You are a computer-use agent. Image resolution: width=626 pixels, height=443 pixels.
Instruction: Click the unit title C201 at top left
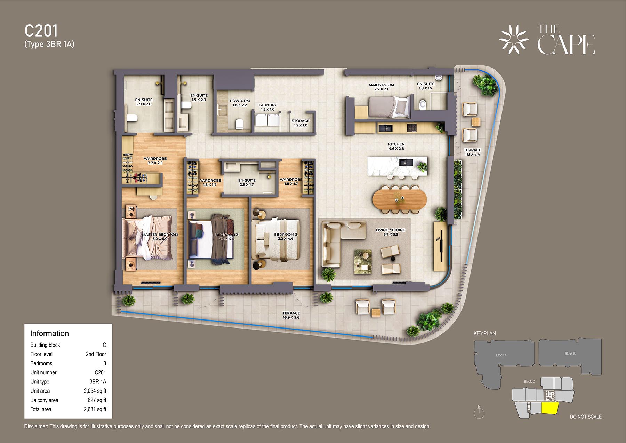pos(41,31)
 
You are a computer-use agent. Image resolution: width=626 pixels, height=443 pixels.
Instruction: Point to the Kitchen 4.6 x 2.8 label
pos(396,147)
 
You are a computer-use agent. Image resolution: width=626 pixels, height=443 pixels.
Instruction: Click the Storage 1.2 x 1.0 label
pos(300,123)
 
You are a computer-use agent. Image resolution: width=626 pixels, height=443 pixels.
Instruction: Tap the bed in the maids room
pos(389,106)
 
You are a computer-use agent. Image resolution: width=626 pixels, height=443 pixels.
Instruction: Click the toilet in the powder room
pos(239,124)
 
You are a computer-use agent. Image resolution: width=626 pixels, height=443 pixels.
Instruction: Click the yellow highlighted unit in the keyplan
pos(550,408)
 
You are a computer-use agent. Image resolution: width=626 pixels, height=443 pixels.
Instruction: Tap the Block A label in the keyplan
pos(501,355)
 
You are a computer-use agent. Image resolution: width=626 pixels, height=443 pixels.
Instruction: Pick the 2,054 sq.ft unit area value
pos(95,391)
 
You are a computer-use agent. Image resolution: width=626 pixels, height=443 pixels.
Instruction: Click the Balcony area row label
pos(44,400)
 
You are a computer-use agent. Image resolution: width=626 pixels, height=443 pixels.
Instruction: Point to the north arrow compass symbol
pos(479,412)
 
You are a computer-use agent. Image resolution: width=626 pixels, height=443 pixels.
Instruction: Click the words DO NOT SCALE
pos(586,417)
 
